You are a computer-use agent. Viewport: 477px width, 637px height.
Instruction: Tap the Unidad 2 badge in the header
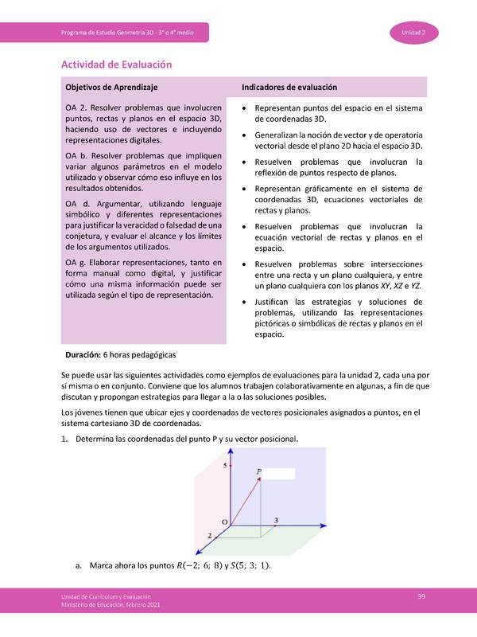tap(410, 32)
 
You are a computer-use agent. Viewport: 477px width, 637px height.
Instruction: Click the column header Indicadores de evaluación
tap(289, 87)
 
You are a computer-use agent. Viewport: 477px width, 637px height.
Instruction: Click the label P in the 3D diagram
tap(258, 472)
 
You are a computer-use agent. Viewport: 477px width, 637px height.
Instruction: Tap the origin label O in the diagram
tap(224, 522)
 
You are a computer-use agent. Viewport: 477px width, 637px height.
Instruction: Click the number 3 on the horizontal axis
tap(275, 520)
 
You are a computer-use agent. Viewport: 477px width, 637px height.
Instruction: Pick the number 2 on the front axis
tap(209, 537)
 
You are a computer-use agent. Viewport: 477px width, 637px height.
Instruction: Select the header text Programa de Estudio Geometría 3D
tap(119, 32)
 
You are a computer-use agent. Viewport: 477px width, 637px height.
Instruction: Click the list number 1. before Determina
tap(65, 439)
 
